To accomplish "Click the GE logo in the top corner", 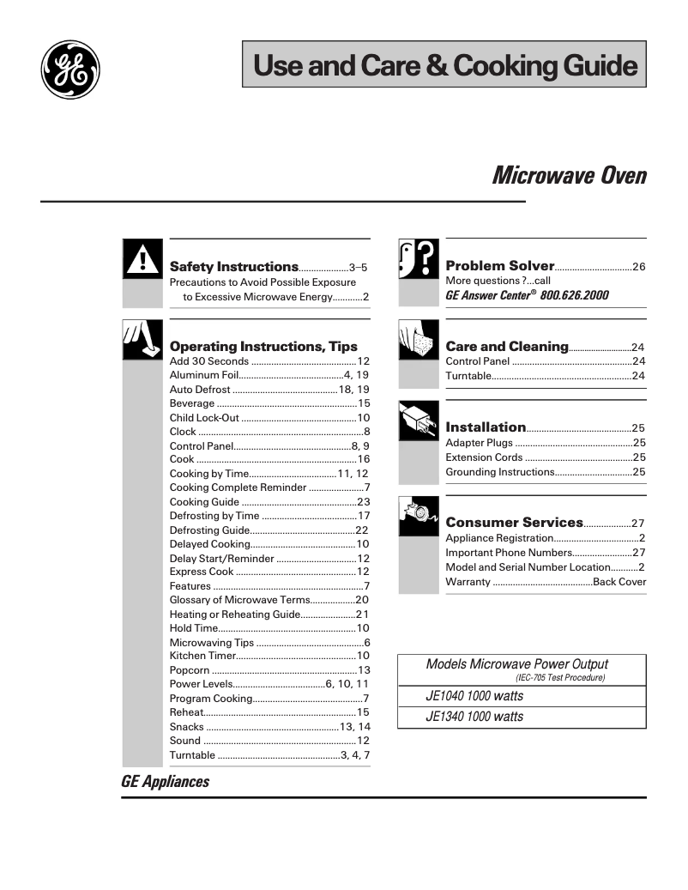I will pos(70,70).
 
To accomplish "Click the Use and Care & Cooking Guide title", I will pos(444,65).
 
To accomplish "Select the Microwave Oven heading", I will pos(569,176).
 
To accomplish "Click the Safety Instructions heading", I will pos(234,267).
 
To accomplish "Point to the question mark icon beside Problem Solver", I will pos(419,259).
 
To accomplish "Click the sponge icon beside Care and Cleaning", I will pos(419,341).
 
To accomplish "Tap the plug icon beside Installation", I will pos(419,421).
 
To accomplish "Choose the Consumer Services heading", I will pos(514,523).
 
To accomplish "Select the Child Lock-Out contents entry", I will pos(204,418).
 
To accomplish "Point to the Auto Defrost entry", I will pos(200,390).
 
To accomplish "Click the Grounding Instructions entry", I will pos(500,472).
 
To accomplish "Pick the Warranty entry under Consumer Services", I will pos(468,583).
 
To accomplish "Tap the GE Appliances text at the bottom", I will pos(166,782).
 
